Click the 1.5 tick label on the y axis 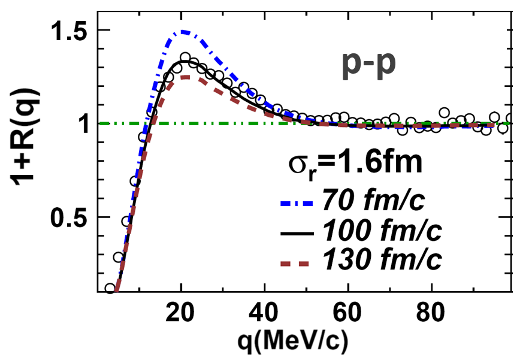(x=67, y=31)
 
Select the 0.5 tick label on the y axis (x=67, y=217)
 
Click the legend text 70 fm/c (x=374, y=202)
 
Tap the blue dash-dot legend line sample (x=298, y=203)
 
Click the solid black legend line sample (x=298, y=231)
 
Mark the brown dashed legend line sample (x=298, y=260)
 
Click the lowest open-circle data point (x=110, y=288)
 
